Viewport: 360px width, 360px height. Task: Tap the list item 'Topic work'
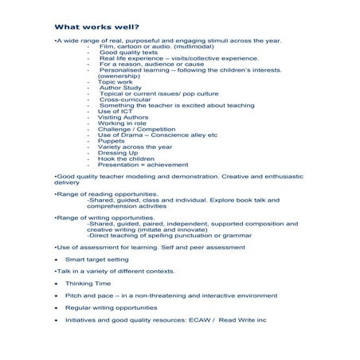point(114,81)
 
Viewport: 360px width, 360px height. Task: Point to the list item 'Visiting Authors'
point(123,117)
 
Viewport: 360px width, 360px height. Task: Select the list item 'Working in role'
point(122,123)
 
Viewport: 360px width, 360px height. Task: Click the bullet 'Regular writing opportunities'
point(111,307)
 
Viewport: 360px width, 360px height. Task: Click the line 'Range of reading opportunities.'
point(106,194)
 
